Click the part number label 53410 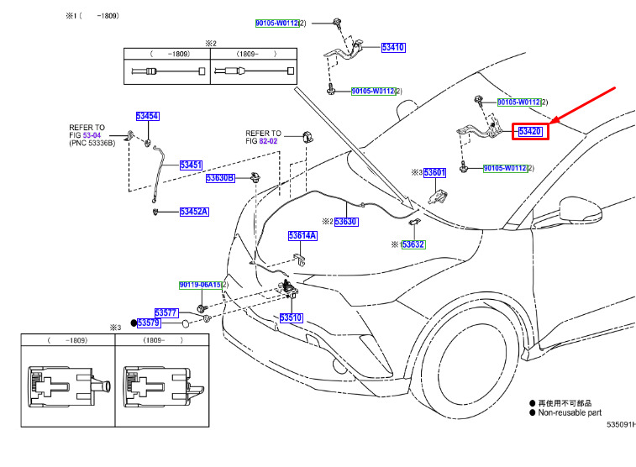(393, 47)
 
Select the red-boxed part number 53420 (530, 131)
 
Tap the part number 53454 (147, 117)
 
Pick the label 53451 (191, 165)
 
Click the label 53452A (194, 212)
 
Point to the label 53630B (220, 178)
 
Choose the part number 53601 (434, 173)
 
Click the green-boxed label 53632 (413, 244)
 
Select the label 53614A (302, 235)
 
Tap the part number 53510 (292, 317)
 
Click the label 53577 (166, 313)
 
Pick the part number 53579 (149, 323)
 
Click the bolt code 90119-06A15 (200, 285)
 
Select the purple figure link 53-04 (92, 135)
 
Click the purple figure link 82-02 (268, 141)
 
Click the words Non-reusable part (570, 412)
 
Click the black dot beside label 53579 (134, 323)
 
